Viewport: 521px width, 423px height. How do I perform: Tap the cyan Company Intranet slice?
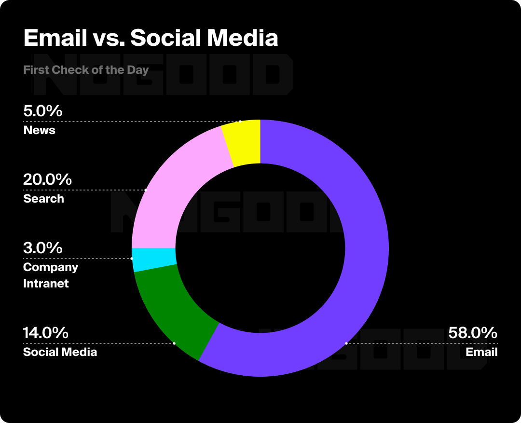point(153,259)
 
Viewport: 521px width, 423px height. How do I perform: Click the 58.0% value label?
point(472,333)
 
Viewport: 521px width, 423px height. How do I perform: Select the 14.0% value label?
point(46,333)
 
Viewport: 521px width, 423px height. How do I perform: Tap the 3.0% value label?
point(43,248)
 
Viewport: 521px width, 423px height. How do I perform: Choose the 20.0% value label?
point(47,180)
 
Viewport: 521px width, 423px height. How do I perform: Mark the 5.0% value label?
point(43,111)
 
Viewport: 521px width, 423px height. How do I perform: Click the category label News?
point(39,130)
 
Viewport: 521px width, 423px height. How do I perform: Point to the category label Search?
point(43,199)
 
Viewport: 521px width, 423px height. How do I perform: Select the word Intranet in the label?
point(46,284)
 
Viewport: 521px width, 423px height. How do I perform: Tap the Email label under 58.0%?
point(481,352)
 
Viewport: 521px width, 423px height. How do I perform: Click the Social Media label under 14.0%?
point(60,352)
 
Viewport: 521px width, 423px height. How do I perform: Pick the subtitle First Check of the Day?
point(86,70)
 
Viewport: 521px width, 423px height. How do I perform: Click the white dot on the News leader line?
point(240,121)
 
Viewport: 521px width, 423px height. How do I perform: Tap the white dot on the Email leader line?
point(346,343)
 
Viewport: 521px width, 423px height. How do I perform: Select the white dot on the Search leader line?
point(145,190)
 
